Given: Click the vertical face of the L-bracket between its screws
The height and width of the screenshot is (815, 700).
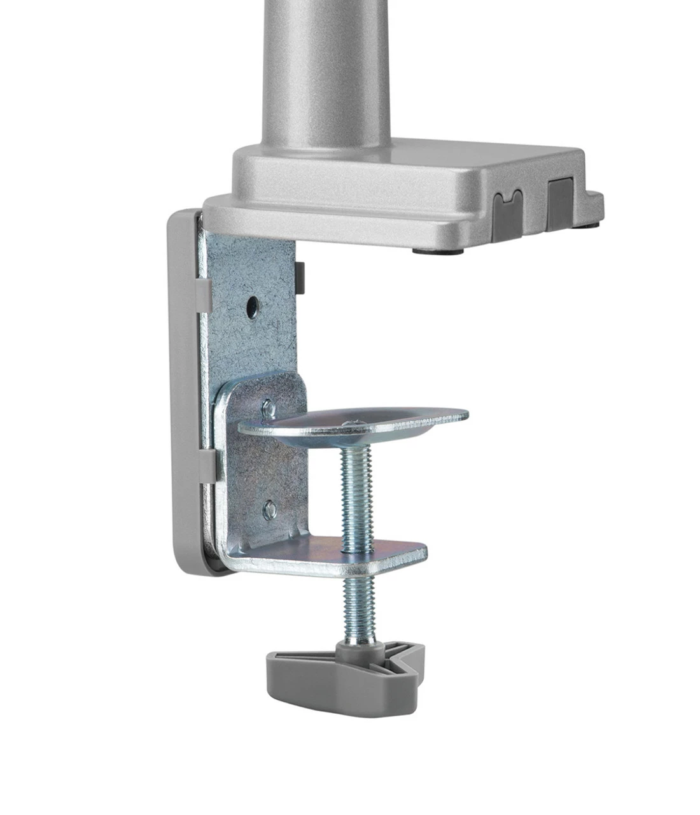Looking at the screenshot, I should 270,458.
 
